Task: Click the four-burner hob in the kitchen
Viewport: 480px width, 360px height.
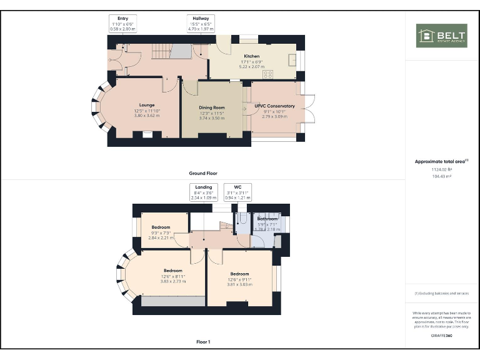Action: click(268, 74)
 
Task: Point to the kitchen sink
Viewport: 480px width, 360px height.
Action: click(292, 59)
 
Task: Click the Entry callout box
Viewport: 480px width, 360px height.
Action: click(122, 24)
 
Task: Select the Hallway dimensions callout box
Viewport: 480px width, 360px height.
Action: click(201, 24)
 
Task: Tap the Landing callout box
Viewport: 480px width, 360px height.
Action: click(204, 192)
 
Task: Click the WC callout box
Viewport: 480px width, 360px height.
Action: click(237, 192)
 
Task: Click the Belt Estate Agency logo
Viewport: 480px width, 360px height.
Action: click(442, 36)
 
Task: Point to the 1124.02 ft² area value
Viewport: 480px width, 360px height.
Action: click(442, 169)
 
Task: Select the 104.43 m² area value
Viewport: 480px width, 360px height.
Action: click(442, 176)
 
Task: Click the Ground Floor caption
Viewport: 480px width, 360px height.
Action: click(203, 173)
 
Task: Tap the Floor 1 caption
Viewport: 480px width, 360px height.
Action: click(203, 342)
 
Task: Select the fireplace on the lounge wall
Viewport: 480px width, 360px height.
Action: click(147, 133)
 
